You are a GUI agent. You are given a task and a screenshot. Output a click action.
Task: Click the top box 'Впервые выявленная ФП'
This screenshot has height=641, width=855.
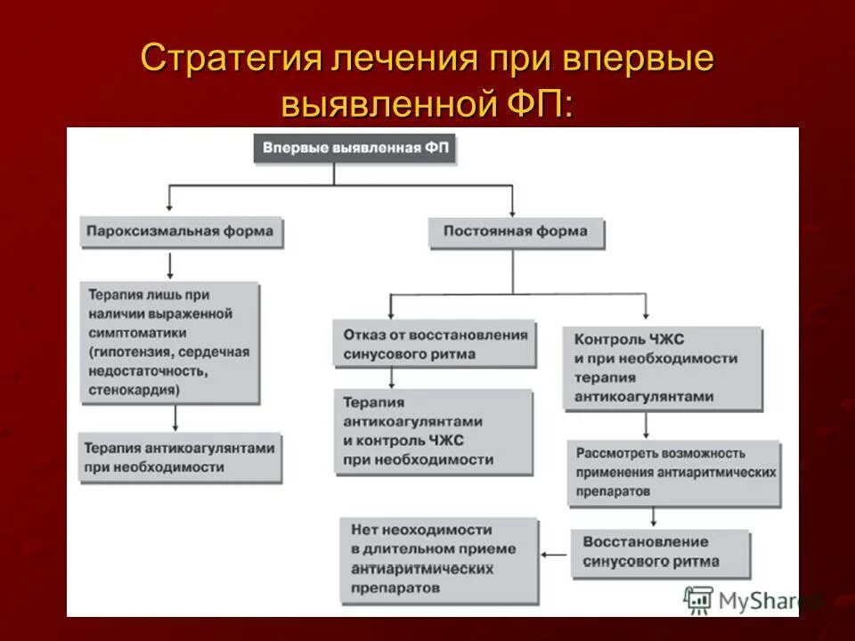[x=355, y=149]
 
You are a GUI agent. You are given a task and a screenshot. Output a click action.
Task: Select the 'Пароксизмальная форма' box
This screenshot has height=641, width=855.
[x=182, y=231]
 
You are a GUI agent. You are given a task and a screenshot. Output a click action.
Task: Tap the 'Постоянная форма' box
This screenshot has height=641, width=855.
[x=516, y=231]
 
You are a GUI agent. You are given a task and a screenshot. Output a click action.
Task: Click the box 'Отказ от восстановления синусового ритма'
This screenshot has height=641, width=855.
[x=435, y=345]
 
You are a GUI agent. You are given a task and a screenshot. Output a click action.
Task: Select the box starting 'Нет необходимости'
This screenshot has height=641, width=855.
[x=439, y=557]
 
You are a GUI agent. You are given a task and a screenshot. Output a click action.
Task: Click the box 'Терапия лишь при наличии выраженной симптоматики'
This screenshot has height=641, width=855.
[x=169, y=343]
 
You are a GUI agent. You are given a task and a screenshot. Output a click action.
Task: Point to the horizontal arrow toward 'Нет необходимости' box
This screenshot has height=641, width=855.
[x=555, y=555]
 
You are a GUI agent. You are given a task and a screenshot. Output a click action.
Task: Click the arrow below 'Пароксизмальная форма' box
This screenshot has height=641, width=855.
[x=169, y=265]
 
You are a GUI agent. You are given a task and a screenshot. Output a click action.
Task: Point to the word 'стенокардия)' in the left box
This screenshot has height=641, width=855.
[x=134, y=390]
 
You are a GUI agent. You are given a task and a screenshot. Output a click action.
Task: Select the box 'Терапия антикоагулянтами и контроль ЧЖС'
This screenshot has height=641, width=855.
[x=434, y=431]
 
